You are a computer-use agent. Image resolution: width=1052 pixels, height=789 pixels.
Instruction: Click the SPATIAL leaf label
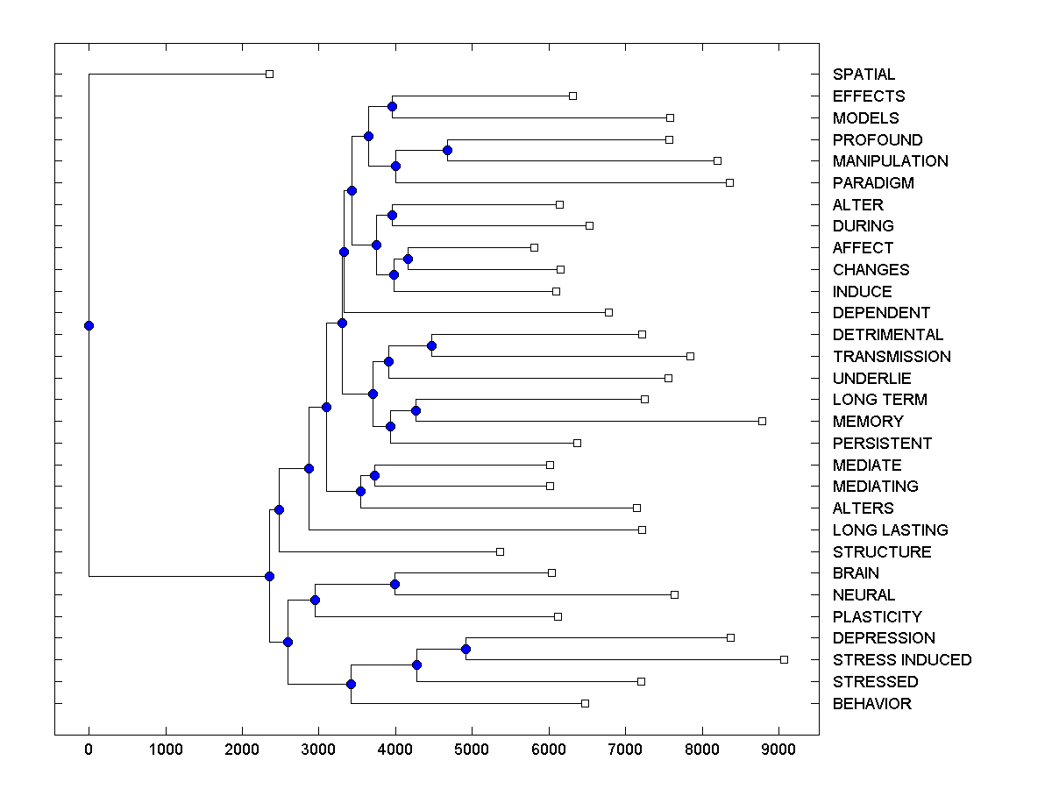coord(864,75)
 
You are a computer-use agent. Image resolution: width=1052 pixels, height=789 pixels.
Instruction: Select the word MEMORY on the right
coord(867,422)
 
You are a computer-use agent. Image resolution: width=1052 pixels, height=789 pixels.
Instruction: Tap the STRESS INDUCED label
coord(901,660)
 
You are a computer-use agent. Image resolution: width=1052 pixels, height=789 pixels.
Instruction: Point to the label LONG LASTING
coord(890,530)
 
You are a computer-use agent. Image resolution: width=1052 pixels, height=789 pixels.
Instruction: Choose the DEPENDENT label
coord(881,313)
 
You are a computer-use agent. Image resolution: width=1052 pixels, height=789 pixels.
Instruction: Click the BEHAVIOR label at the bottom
coord(871,704)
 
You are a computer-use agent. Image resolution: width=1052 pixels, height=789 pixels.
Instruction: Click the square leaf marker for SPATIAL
coord(269,74)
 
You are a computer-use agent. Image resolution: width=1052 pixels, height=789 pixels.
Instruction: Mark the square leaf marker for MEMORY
coord(762,421)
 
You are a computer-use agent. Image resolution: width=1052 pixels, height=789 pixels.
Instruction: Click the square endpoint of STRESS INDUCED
coord(784,659)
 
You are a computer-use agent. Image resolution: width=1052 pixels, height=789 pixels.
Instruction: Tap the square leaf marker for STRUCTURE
coord(500,551)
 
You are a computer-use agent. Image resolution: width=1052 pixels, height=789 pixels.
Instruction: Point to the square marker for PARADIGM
coord(729,182)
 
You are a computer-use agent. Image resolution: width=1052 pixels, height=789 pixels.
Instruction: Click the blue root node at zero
coord(89,325)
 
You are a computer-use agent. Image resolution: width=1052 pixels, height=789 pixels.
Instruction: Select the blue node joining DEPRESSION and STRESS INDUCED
coord(466,649)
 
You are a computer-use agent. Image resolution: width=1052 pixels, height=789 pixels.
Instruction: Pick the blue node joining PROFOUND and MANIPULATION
coord(447,151)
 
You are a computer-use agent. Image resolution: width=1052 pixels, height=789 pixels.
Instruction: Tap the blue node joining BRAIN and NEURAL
coord(394,584)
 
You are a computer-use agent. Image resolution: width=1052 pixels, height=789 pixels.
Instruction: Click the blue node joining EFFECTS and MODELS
coord(392,106)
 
